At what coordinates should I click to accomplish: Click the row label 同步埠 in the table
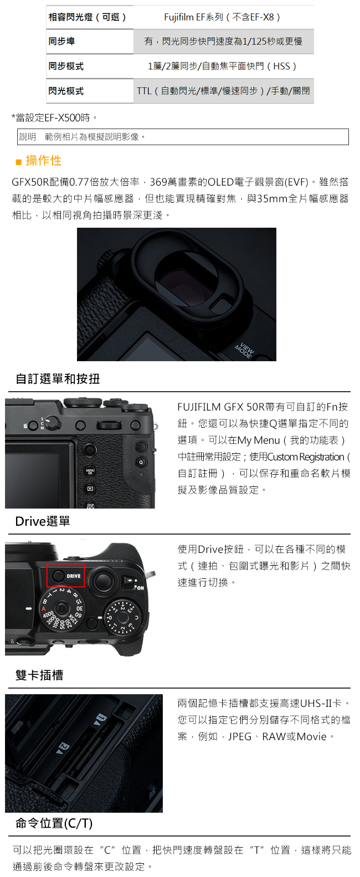[x=61, y=42]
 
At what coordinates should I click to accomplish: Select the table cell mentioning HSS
[x=223, y=66]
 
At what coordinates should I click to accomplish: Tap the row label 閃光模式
[x=66, y=91]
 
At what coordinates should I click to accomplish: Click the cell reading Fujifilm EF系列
[x=223, y=17]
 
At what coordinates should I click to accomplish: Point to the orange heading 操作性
[x=44, y=161]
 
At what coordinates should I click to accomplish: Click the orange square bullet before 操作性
[x=18, y=162]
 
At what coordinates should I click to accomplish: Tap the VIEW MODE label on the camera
[x=244, y=350]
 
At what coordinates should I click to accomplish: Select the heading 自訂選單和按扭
[x=58, y=379]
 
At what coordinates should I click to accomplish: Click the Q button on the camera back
[x=141, y=461]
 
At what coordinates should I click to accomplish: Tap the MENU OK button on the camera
[x=90, y=471]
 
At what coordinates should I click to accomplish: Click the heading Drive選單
[x=43, y=521]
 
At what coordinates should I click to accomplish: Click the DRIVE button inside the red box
[x=58, y=576]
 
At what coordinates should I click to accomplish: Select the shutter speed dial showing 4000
[x=61, y=609]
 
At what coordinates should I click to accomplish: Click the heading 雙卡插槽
[x=39, y=675]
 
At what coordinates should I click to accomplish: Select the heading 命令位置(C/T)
[x=54, y=823]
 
